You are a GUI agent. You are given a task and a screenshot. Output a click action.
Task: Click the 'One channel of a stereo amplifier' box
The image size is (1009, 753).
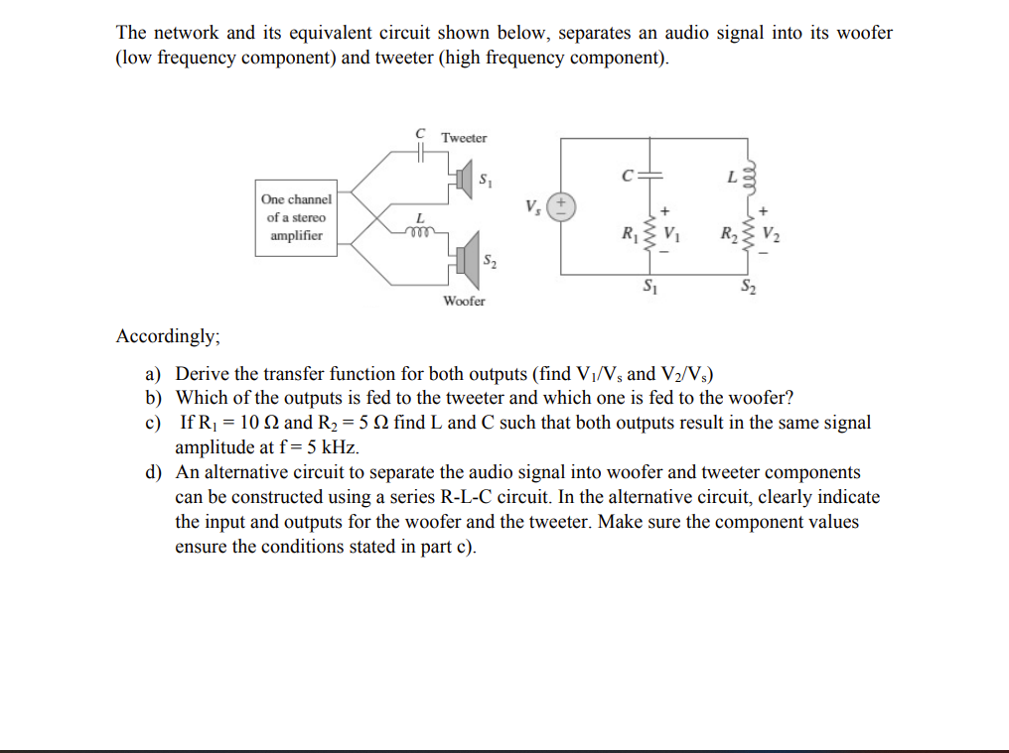click(x=295, y=217)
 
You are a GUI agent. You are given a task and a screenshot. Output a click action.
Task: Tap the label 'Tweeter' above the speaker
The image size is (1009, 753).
click(x=464, y=138)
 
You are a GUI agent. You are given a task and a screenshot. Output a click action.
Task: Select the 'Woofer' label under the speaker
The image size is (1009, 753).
click(x=464, y=301)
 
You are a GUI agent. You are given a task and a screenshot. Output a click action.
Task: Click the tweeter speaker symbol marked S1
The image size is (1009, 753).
click(x=463, y=181)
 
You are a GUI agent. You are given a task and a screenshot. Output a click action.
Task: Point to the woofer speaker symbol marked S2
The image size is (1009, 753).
click(x=466, y=258)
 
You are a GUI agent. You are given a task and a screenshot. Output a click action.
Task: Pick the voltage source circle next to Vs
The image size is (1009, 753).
click(x=562, y=205)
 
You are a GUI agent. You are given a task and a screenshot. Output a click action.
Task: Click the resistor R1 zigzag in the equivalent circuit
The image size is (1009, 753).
click(x=650, y=236)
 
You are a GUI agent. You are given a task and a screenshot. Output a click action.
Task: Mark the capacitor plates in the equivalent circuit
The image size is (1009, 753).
click(x=650, y=177)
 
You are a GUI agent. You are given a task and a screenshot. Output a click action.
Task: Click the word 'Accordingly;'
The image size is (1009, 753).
click(x=168, y=336)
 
